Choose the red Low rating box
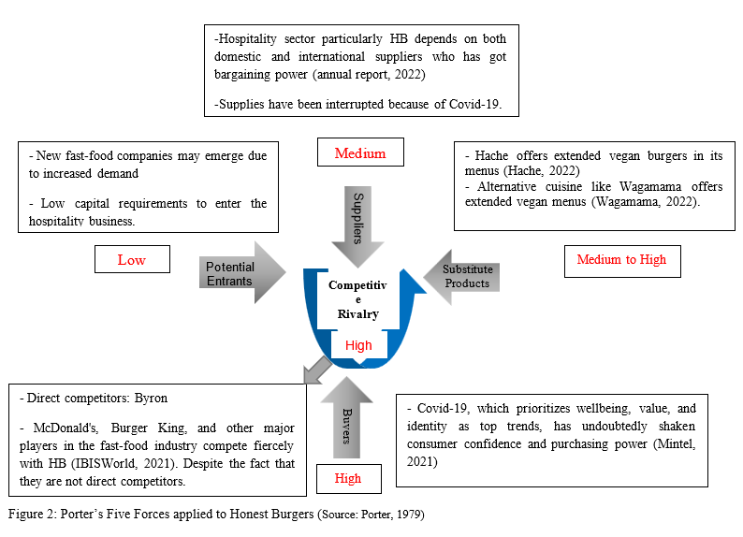point(132,259)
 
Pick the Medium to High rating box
point(621,259)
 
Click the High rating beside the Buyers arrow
point(347,478)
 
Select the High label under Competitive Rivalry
point(358,345)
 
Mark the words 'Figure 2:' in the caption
point(34,514)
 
